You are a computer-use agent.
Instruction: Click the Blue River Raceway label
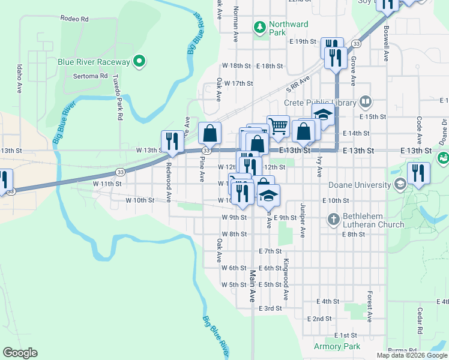(x=94, y=62)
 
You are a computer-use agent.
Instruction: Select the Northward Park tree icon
(x=260, y=26)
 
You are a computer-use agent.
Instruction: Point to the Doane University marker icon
(x=400, y=185)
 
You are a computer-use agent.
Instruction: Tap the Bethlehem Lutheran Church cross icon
(x=334, y=219)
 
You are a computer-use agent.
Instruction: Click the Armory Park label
(x=337, y=346)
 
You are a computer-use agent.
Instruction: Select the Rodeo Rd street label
(x=74, y=19)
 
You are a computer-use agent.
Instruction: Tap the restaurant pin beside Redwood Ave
(x=172, y=141)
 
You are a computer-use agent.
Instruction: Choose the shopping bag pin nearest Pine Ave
(x=209, y=133)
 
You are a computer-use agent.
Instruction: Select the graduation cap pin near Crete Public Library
(x=322, y=115)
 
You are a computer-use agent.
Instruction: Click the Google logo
(x=20, y=353)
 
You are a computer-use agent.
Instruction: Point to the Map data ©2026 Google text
(x=412, y=355)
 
